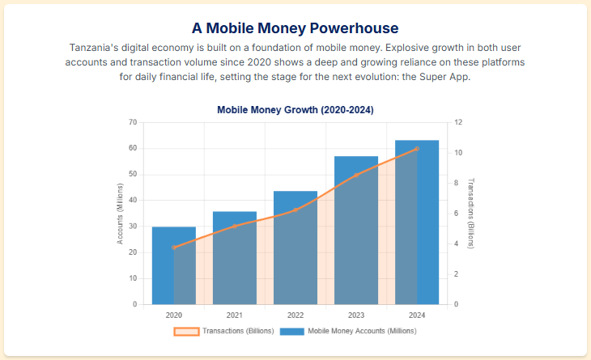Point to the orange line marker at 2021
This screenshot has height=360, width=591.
coord(235,226)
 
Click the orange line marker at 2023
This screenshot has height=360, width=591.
coord(356,175)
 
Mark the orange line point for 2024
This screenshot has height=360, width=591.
coord(417,149)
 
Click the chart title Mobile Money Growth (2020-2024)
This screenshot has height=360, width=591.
coord(295,109)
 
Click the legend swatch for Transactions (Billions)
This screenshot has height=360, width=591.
coord(186,331)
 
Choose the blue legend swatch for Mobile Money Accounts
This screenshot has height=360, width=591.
coord(292,331)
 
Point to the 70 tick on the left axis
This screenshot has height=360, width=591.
coord(133,122)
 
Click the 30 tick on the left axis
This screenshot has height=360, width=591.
coord(133,227)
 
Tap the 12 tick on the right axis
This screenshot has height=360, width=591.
coord(457,122)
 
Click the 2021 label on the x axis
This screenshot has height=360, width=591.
coord(235,315)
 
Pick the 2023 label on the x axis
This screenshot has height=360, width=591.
coord(356,315)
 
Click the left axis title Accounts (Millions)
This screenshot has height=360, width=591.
coord(120,214)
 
